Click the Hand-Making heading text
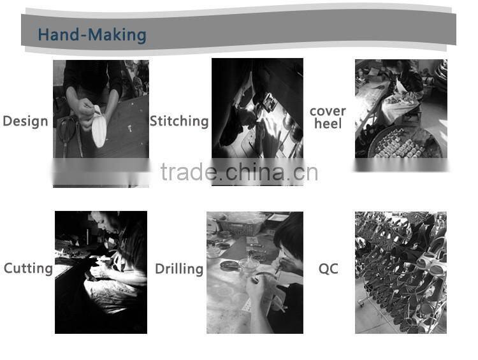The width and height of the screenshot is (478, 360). (x=92, y=35)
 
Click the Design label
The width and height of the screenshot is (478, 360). (x=25, y=121)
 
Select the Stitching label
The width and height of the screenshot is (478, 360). (x=179, y=121)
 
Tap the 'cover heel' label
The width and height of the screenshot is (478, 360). (x=328, y=118)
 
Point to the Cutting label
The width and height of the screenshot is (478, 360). (x=28, y=268)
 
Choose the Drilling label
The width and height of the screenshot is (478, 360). (x=179, y=269)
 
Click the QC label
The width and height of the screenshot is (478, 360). (x=328, y=269)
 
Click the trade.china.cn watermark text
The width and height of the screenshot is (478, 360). (x=239, y=173)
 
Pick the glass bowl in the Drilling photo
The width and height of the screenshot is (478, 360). (x=249, y=264)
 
